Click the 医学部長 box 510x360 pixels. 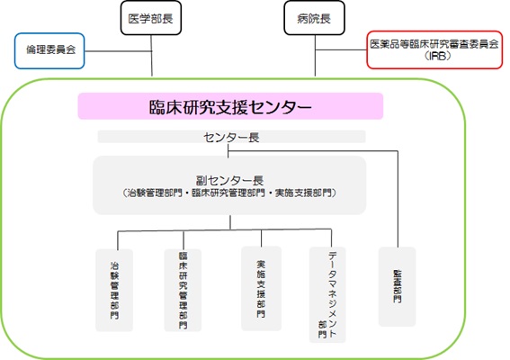pos(151,18)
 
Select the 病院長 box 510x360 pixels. pos(314,18)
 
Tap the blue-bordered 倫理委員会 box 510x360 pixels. pos(49,50)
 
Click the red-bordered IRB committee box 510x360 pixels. pos(434,49)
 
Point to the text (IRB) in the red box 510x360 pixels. pos(437,56)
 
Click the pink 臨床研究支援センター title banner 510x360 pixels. pos(230,106)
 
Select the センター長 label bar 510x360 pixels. pos(231,137)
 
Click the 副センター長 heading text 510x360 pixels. pos(229,180)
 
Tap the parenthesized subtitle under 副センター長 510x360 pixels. pos(229,193)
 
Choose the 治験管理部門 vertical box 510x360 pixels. pos(114,291)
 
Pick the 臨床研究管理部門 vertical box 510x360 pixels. pos(183,291)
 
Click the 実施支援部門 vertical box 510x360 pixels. pos(261,289)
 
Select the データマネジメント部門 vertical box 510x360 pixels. pos(327,294)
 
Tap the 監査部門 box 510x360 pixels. pos(398,286)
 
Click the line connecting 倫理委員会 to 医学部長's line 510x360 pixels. pos(119,51)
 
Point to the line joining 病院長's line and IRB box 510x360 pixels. pos(341,49)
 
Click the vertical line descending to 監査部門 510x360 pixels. pos(398,199)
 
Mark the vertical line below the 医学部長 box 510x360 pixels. pos(152,56)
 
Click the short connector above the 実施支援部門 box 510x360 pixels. pos(261,238)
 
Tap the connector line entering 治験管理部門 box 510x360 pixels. pos(118,240)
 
